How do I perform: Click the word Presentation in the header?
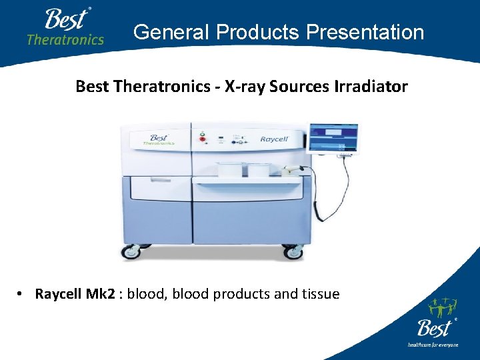coord(370,32)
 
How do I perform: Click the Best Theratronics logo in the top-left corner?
coord(65,27)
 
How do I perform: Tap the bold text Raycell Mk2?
coord(75,294)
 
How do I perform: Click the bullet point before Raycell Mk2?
coord(23,295)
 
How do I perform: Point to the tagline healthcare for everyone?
coord(433,345)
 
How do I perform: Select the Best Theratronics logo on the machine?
coord(157,140)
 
